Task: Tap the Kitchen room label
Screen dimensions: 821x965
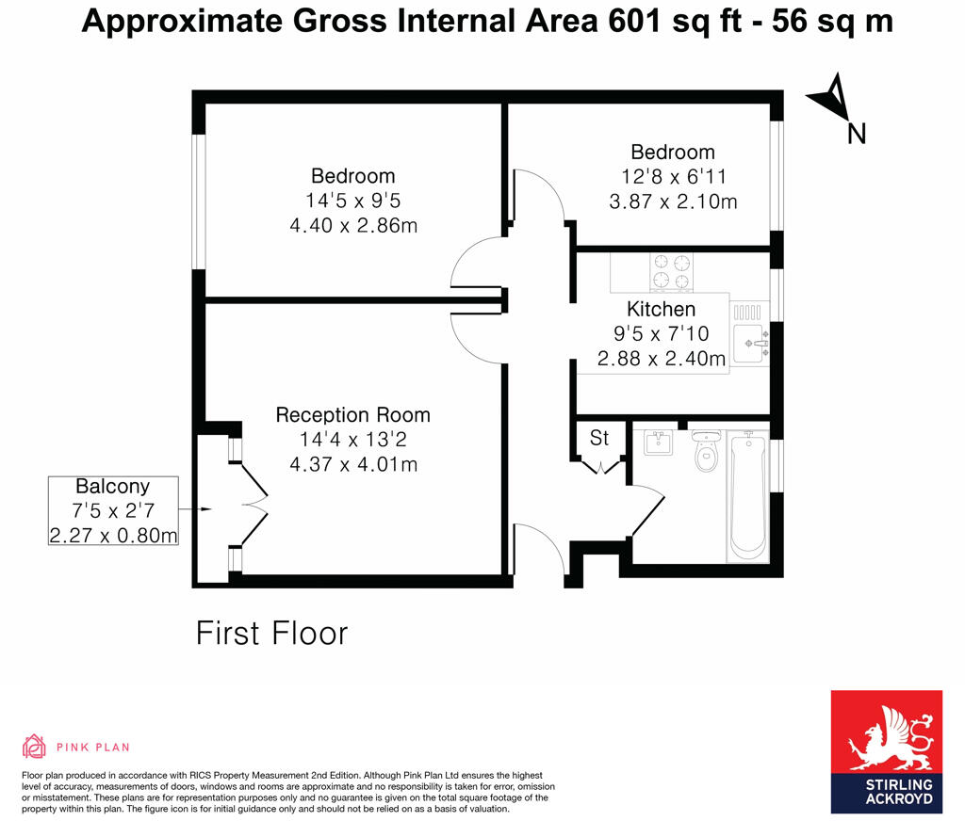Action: point(661,309)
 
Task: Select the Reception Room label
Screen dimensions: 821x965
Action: point(352,414)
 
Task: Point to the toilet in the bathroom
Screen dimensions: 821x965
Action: point(705,453)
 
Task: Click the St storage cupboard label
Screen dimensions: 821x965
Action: point(599,438)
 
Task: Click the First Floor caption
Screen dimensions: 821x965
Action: point(271,633)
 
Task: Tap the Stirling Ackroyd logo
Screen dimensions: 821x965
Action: point(886,751)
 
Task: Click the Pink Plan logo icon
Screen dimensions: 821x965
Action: point(34,747)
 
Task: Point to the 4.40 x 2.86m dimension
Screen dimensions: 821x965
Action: point(353,225)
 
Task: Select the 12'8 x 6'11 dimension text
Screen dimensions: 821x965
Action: point(673,176)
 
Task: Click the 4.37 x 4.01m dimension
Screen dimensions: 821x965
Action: point(352,464)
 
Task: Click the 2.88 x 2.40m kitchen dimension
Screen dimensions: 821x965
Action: point(661,359)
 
